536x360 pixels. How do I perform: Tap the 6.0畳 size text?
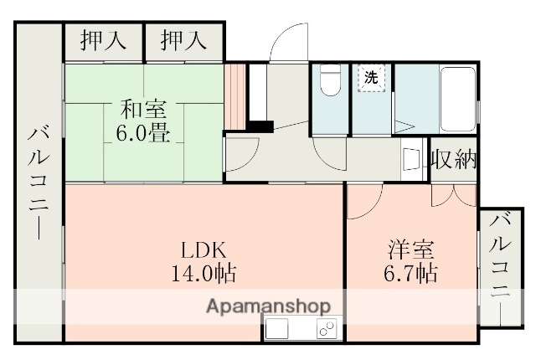point(143,134)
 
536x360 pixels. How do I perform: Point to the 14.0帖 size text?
point(203,272)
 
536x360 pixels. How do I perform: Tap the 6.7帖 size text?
point(410,273)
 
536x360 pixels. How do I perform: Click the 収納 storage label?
point(453,160)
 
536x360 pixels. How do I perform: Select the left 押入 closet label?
point(103,40)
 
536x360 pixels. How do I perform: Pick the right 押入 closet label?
point(183,40)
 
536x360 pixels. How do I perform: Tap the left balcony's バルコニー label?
point(39,180)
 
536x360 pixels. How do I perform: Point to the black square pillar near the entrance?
point(263,127)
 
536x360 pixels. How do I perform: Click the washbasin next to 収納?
point(411,158)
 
